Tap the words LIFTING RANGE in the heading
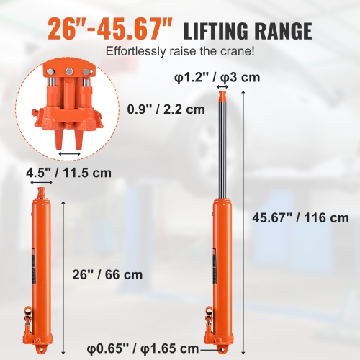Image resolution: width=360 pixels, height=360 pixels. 248,31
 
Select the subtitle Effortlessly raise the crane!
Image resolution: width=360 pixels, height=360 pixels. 179,52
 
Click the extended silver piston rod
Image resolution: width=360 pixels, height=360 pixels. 222,144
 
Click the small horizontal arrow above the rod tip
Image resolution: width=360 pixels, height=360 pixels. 222,87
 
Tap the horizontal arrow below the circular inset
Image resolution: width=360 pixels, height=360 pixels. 69,153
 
